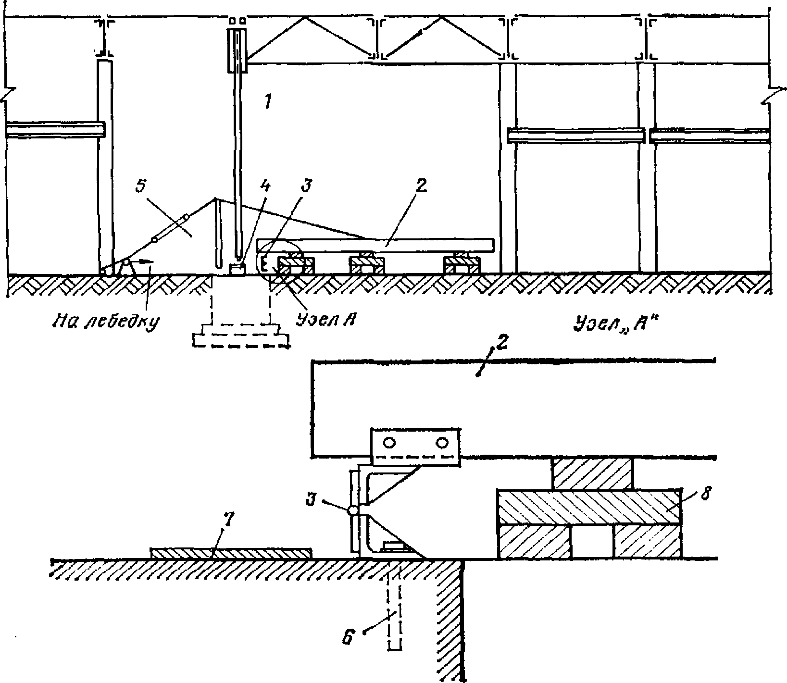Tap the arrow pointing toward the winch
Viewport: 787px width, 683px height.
click(x=144, y=261)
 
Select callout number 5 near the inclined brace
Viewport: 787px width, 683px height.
click(x=140, y=186)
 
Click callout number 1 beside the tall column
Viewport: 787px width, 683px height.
click(x=267, y=102)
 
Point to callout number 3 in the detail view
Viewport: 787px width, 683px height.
click(x=311, y=500)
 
